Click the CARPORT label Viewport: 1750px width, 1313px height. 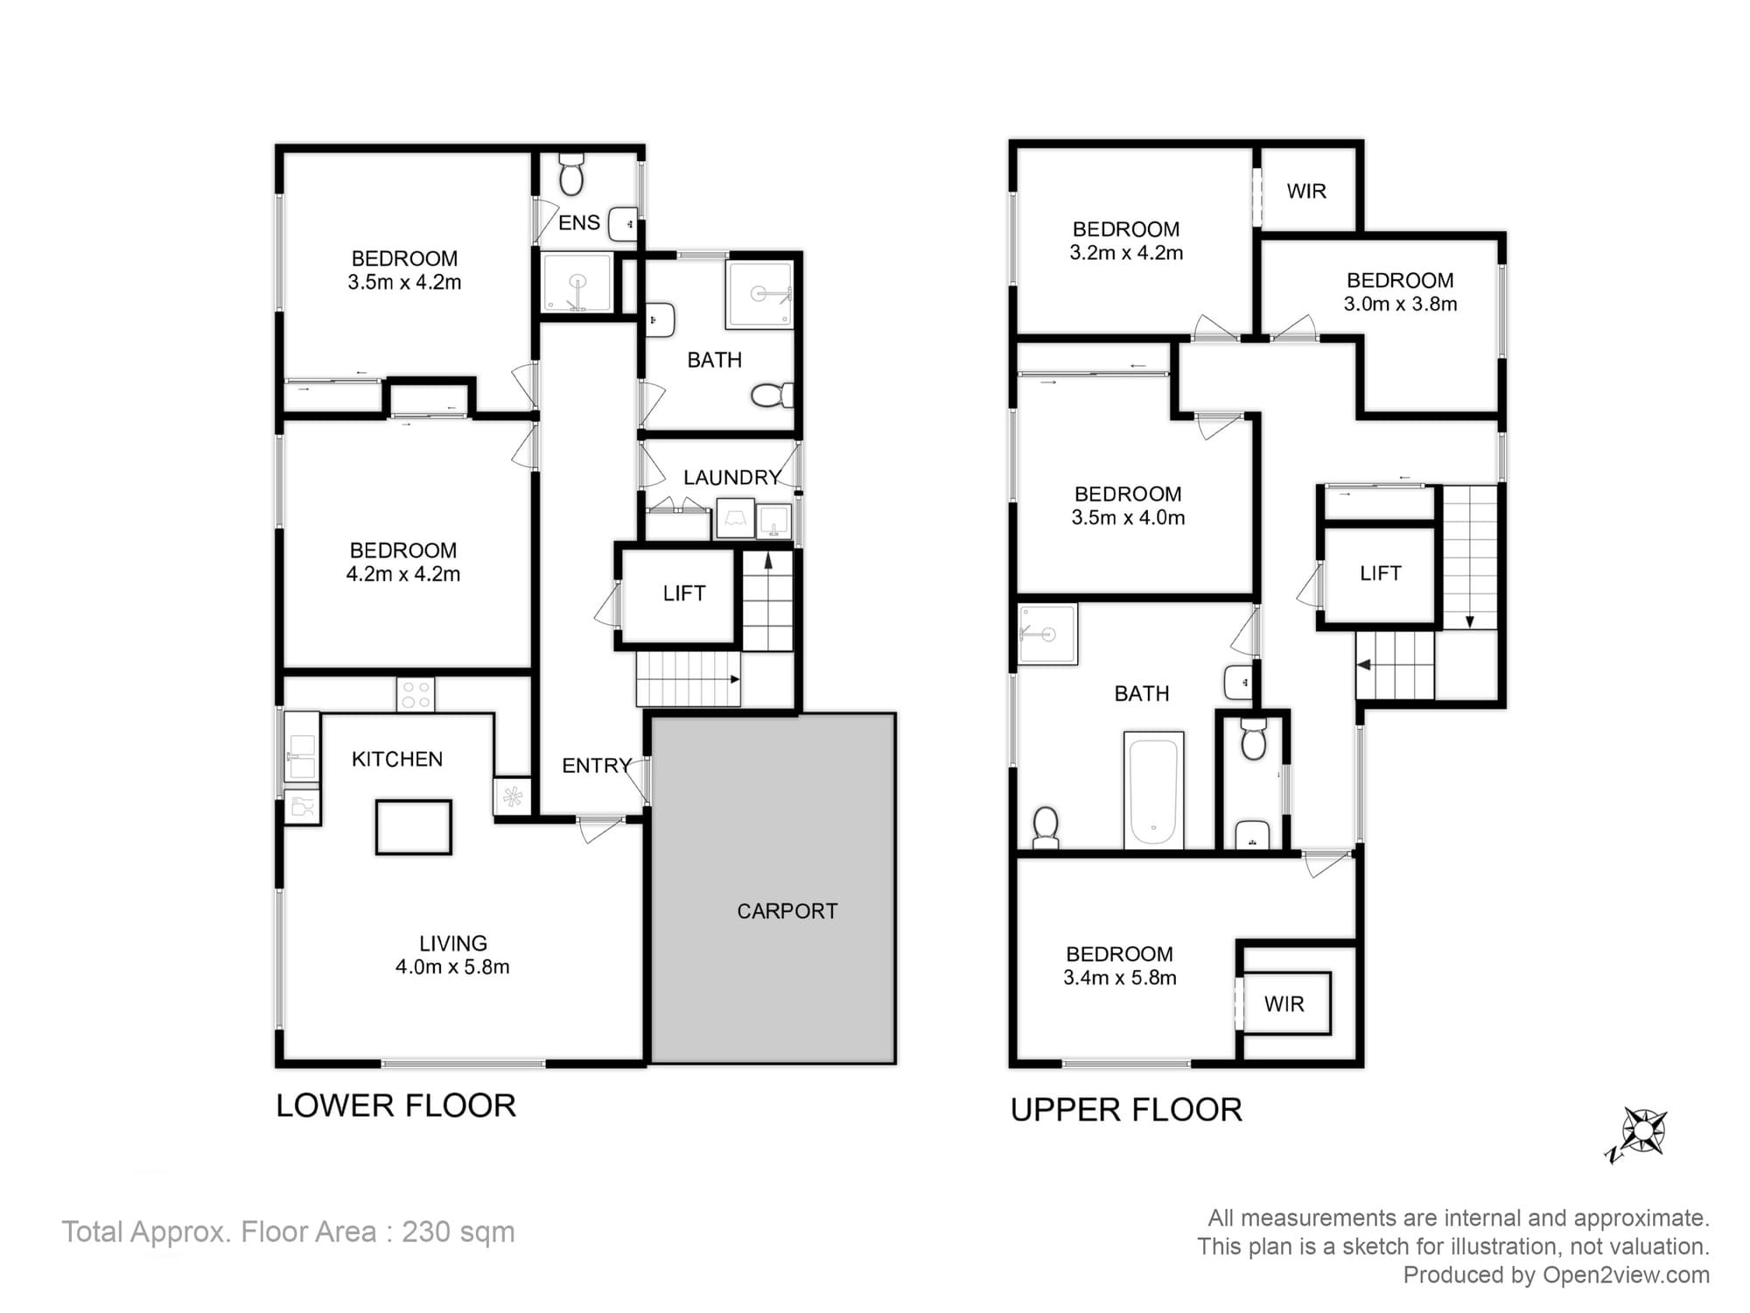[787, 911]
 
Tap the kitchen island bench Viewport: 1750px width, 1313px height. [413, 826]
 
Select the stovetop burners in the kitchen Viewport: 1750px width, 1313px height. [415, 695]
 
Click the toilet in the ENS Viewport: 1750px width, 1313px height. [571, 174]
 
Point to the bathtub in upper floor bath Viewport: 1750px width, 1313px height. [1153, 790]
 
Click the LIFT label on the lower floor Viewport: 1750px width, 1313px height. [683, 593]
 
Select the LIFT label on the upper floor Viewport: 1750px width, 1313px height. [1380, 573]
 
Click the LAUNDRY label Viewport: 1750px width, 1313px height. [731, 478]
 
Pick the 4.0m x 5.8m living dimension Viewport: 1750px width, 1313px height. [452, 967]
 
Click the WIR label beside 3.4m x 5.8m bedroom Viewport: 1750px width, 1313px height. [1284, 1004]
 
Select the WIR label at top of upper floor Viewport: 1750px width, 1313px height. [1306, 191]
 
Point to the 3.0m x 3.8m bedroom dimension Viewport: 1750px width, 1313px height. [1400, 305]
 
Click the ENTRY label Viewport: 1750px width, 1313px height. [596, 766]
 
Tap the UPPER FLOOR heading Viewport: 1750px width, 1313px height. [1126, 1110]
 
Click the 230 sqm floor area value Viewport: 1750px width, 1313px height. [458, 1232]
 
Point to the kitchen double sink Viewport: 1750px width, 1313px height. [301, 756]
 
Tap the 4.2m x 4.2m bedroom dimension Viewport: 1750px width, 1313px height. [402, 574]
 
